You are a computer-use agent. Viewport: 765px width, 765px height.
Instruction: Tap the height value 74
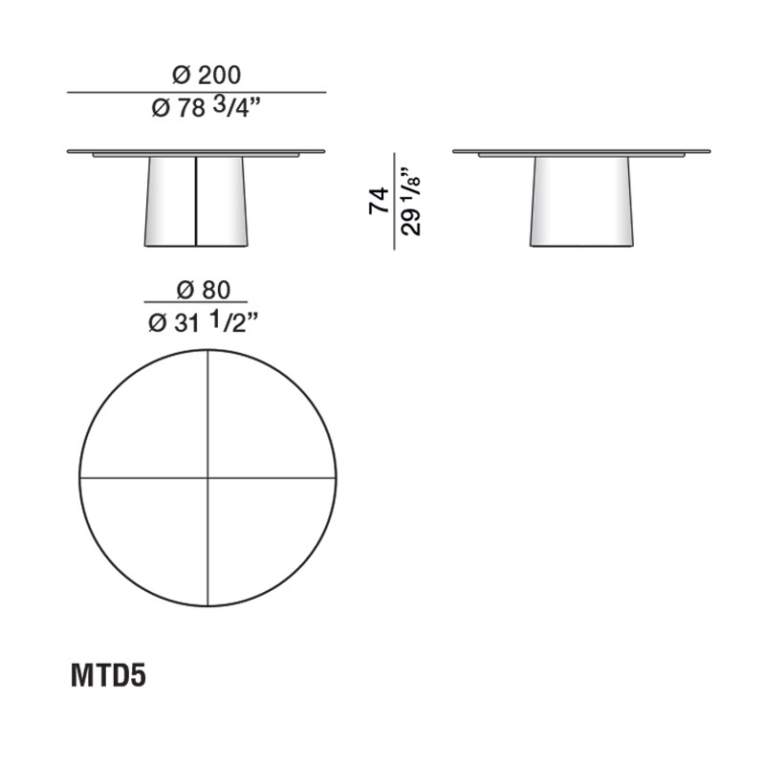point(379,201)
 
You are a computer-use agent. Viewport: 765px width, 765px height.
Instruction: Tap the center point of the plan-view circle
point(208,476)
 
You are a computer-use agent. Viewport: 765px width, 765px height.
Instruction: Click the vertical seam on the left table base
point(196,201)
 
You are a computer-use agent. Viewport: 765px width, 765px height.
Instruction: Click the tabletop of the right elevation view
point(581,151)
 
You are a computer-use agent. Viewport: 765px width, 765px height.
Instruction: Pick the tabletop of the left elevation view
point(196,151)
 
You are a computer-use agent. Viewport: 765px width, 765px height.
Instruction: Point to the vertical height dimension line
point(394,201)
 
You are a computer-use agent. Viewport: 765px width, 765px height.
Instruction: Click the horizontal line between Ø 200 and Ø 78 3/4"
point(196,92)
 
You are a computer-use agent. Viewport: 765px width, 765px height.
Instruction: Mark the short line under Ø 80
point(196,305)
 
